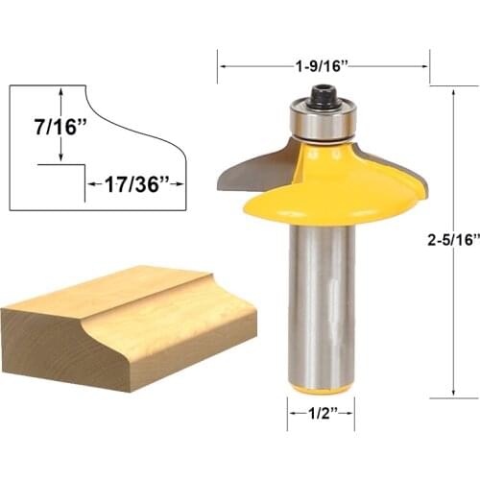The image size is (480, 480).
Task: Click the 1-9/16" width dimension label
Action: pos(323,66)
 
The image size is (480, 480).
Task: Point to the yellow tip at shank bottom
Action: pos(322,388)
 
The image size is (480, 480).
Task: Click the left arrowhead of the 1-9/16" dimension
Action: pos(224,67)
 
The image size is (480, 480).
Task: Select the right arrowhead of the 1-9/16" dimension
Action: pos(423,67)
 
